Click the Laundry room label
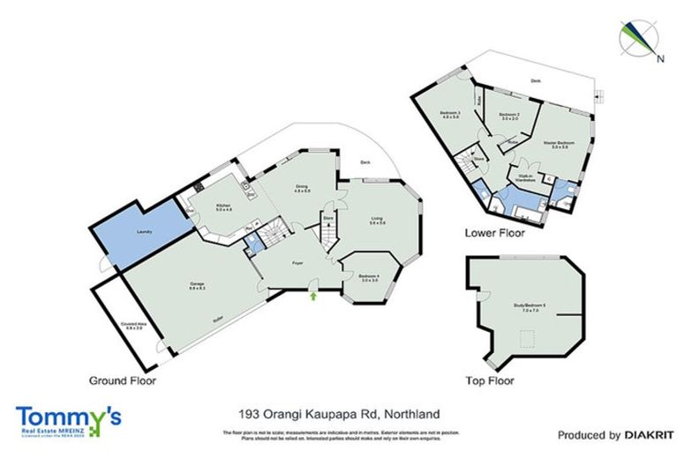[x=144, y=231]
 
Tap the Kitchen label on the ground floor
[x=222, y=207]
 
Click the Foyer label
[x=298, y=262]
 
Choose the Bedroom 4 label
[x=369, y=277]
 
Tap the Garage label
[x=197, y=285]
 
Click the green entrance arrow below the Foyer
[x=313, y=296]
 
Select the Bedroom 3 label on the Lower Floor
[x=450, y=114]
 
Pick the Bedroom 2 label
[x=506, y=116]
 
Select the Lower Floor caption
[x=494, y=234]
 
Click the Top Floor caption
[x=490, y=381]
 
